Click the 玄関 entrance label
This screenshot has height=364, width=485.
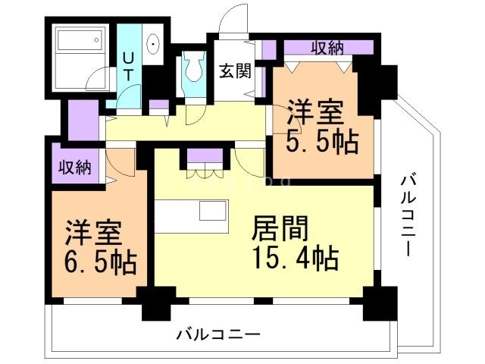click(x=235, y=72)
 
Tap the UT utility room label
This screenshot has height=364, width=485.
click(x=128, y=66)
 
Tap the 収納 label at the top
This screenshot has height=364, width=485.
click(x=327, y=47)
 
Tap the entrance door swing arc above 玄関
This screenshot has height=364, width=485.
click(x=235, y=19)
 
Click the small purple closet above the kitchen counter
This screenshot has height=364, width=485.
click(x=204, y=158)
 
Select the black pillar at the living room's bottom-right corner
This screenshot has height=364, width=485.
click(x=375, y=304)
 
